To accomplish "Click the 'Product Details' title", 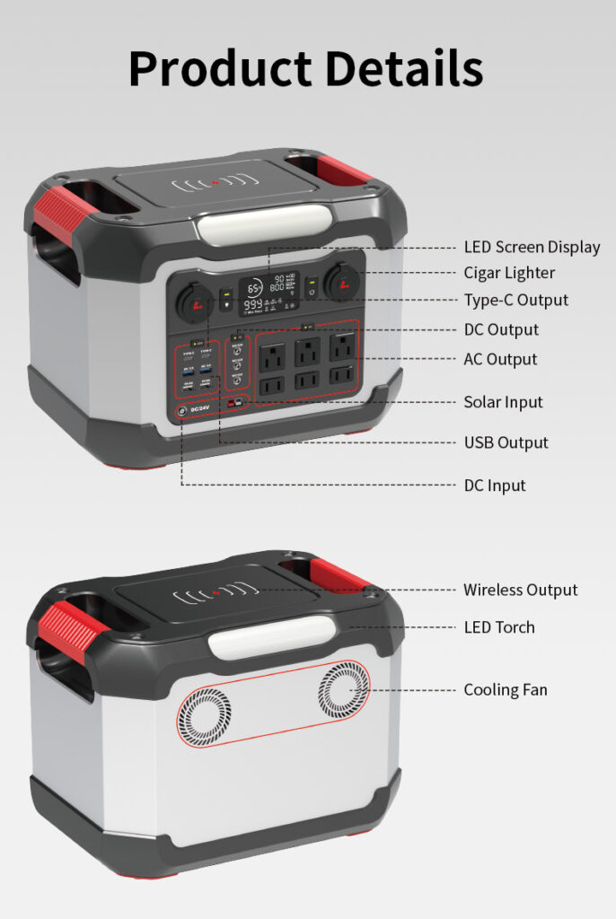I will (306, 69).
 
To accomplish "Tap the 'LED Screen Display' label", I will (532, 247).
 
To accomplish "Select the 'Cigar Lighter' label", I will (509, 273).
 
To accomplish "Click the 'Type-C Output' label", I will (515, 300).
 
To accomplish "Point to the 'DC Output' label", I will (501, 329).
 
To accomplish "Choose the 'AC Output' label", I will (500, 359).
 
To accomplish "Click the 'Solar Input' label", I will (503, 402).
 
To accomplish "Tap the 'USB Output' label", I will (506, 442).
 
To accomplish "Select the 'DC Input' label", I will (495, 486).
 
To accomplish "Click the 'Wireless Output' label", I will (520, 590).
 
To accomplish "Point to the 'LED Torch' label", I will (498, 627).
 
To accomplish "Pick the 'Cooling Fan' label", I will (505, 690).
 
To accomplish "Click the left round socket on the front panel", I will (194, 301).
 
